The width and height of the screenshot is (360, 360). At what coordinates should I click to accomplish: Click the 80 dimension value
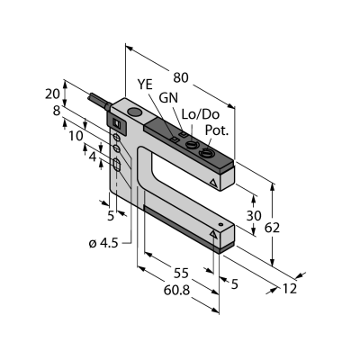pos(181,78)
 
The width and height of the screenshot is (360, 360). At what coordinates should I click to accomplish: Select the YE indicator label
pos(145,85)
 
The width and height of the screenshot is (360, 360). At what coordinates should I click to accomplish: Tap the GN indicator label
pos(168,98)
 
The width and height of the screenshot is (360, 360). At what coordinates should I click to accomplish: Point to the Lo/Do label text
pos(201,114)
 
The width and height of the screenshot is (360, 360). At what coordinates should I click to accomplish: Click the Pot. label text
pos(217,130)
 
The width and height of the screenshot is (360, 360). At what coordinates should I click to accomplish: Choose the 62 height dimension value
pos(272,228)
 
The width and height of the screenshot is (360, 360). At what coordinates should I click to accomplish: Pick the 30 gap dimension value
pos(254,216)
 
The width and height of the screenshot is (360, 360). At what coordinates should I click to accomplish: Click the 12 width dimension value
pos(289,288)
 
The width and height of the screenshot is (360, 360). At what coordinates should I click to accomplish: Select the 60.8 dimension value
pos(177,290)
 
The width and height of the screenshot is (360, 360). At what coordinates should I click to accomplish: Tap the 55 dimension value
pos(181,274)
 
